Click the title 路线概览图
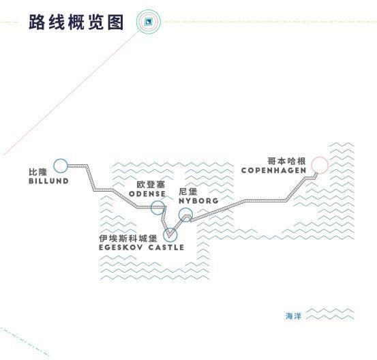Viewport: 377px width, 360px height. pos(76,22)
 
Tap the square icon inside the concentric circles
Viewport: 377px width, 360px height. pos(149,22)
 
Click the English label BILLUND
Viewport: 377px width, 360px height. pos(48,181)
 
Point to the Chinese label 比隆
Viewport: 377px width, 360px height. pos(37,172)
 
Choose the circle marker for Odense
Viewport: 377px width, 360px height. pos(158,201)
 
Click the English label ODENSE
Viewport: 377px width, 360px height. pos(147,194)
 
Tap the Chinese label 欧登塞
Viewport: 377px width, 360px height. pos(151,185)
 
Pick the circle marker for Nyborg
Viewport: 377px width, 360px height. pos(185,208)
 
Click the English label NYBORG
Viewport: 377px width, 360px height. pos(198,201)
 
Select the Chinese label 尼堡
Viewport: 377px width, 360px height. pos(188,192)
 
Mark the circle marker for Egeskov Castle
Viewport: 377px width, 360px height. pos(170,228)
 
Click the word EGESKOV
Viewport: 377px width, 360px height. pos(121,247)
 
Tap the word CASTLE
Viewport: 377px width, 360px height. pos(166,247)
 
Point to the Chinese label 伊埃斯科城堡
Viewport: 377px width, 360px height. pos(128,239)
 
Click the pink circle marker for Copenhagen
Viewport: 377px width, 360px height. pos(320,157)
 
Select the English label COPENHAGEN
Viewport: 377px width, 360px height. pos(273,170)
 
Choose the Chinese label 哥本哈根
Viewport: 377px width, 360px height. pos(286,161)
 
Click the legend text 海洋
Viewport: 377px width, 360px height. pos(293,316)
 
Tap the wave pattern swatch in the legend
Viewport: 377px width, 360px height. pos(330,314)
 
